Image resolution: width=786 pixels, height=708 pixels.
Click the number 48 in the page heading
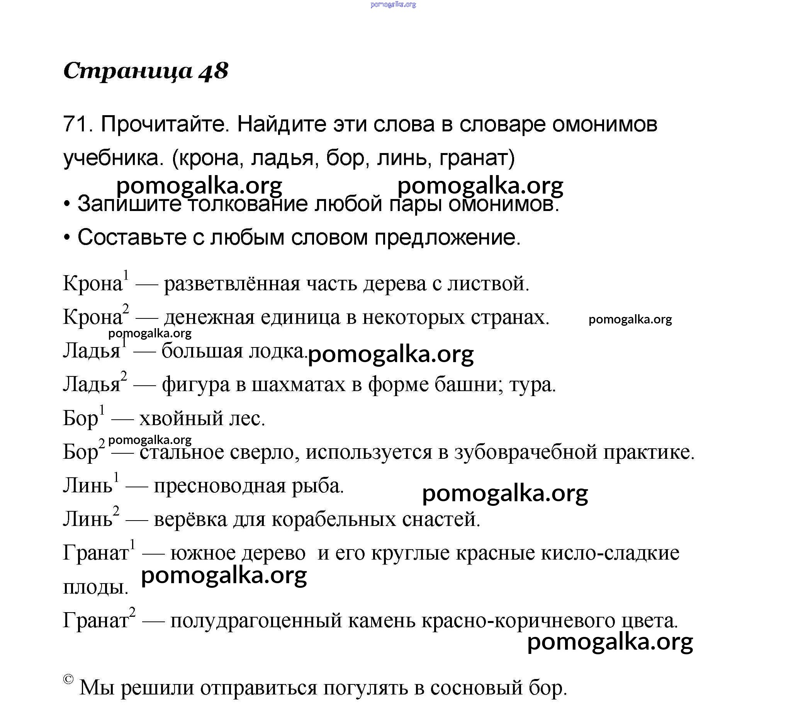214,71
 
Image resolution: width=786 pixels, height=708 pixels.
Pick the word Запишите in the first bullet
129,204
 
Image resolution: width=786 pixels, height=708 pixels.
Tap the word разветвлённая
232,284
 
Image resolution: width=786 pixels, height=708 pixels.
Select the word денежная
209,317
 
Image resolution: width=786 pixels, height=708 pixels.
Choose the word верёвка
190,520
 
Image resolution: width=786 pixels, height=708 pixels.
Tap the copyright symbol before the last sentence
68,679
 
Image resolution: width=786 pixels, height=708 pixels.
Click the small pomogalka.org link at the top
393,5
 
